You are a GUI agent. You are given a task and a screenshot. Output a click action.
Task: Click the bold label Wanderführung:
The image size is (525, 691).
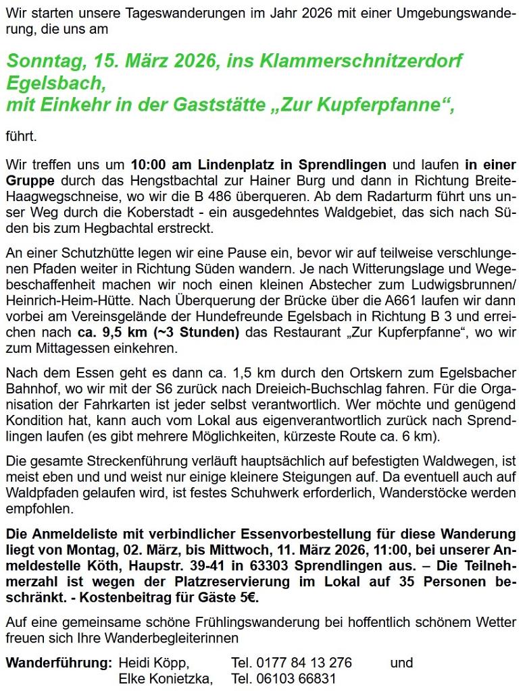(58, 663)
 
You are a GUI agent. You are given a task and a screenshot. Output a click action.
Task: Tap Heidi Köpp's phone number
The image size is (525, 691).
(291, 663)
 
